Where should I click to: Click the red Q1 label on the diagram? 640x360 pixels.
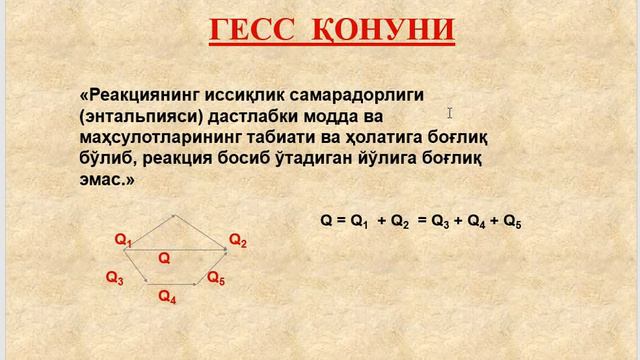124,240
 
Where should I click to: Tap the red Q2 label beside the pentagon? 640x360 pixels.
238,240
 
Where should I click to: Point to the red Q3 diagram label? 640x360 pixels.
115,279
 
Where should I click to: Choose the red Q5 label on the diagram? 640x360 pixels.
216,279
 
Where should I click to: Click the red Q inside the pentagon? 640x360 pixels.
164,258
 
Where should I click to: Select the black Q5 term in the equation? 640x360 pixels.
512,224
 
